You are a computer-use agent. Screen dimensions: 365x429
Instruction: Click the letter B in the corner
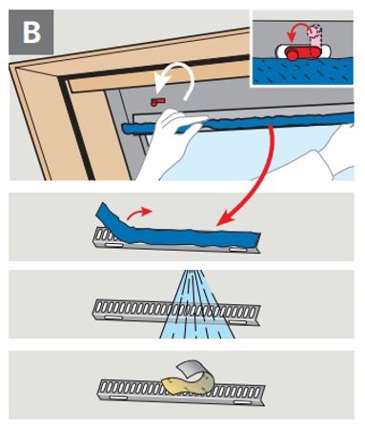(31, 32)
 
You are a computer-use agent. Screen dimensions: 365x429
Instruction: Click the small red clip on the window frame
(158, 102)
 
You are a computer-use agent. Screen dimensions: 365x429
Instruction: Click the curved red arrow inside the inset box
(297, 32)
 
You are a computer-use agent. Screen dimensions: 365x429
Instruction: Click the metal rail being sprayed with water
(177, 313)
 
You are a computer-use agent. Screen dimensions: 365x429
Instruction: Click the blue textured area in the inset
(303, 72)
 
